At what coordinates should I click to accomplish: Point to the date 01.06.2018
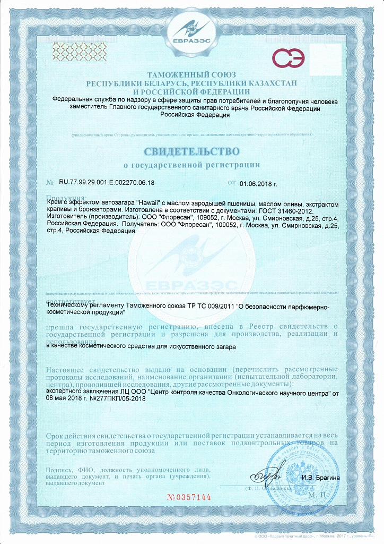pos(258,183)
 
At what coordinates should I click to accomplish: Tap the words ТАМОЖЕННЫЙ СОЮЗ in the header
pos(191,74)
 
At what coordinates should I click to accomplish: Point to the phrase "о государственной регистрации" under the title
pos(191,165)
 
